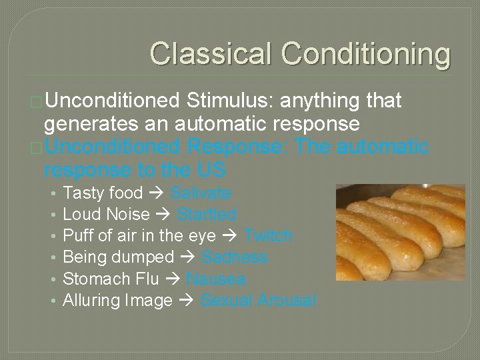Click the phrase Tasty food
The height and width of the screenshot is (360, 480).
[103, 193]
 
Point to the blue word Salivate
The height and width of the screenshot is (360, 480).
[201, 193]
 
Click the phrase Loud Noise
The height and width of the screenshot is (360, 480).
[106, 215]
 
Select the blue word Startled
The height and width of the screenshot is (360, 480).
[207, 215]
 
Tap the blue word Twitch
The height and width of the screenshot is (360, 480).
[268, 236]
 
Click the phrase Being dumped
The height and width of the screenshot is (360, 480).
[118, 257]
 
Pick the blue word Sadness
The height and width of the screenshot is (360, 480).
[235, 257]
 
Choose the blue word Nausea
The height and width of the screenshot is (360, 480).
[216, 279]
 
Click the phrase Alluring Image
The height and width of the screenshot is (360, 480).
[117, 301]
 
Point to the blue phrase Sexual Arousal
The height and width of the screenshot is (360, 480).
[259, 301]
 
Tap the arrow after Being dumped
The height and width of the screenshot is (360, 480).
[187, 257]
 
